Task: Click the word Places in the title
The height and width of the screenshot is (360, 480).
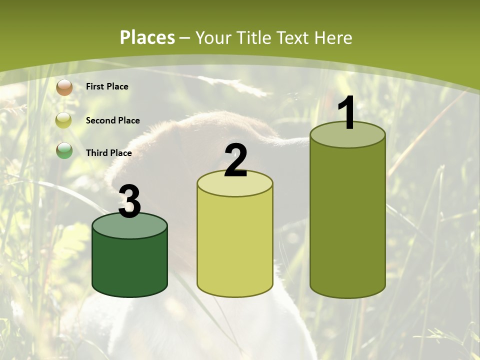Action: point(147,37)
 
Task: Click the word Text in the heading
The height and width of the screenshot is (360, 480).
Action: point(292,37)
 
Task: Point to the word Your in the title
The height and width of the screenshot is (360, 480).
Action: point(213,37)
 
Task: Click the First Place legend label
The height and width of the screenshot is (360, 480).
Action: point(107,86)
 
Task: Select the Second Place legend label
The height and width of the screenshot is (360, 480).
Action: point(112,120)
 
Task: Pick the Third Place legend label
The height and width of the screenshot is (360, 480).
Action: point(108,153)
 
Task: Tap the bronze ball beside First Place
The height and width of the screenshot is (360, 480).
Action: point(64,87)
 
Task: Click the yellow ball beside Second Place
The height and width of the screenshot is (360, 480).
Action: point(63,120)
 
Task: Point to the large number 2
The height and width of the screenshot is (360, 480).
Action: point(235,160)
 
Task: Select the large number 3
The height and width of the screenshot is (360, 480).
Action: point(129,201)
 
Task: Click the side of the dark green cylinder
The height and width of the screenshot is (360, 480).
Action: point(130,265)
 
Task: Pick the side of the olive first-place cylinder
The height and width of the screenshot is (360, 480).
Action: point(347,220)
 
